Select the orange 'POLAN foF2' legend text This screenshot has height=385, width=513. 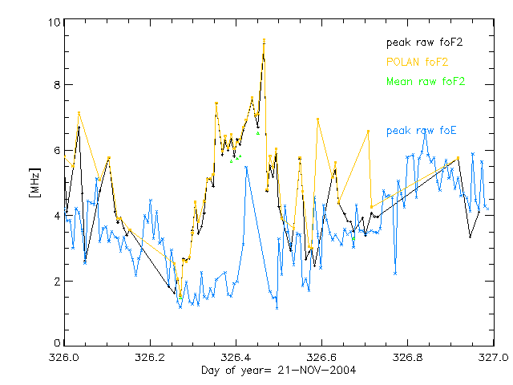(417, 61)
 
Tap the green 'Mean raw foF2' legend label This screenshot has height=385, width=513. (426, 81)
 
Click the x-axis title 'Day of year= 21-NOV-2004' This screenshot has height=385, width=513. (278, 370)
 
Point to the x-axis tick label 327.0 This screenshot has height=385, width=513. (492, 357)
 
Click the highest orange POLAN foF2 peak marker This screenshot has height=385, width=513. (264, 39)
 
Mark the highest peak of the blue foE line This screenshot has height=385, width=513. (425, 132)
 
